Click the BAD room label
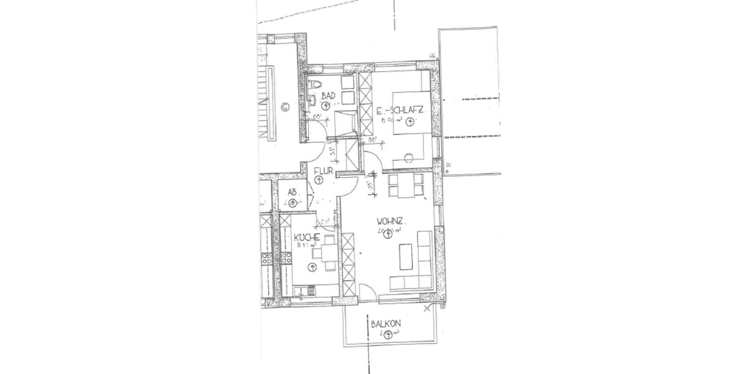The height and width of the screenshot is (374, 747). (x=329, y=95)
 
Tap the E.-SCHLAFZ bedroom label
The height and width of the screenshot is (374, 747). (x=401, y=111)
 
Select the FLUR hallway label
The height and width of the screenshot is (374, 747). (x=324, y=170)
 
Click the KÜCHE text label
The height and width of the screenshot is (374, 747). (x=308, y=237)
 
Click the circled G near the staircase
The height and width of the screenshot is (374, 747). (x=285, y=105)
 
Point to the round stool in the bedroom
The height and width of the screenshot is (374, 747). (x=409, y=156)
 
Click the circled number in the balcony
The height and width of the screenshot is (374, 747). (x=389, y=335)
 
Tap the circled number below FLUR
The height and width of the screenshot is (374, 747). (x=319, y=181)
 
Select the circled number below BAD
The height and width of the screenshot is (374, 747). (x=325, y=106)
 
